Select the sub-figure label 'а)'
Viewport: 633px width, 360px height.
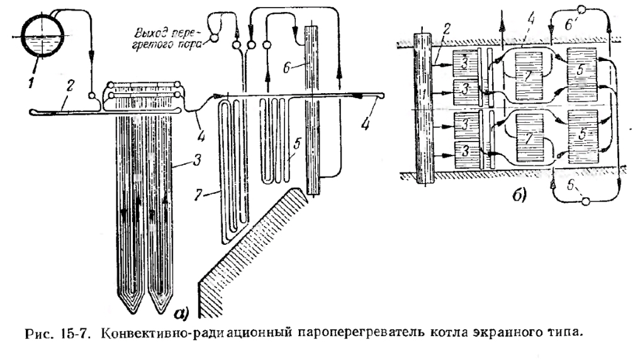point(181,313)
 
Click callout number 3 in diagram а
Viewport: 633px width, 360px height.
point(197,160)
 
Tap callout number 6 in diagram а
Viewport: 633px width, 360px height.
point(287,68)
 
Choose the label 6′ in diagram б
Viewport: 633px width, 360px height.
point(569,25)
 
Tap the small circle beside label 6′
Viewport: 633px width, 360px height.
point(582,9)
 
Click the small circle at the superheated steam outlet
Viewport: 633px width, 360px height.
point(213,38)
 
